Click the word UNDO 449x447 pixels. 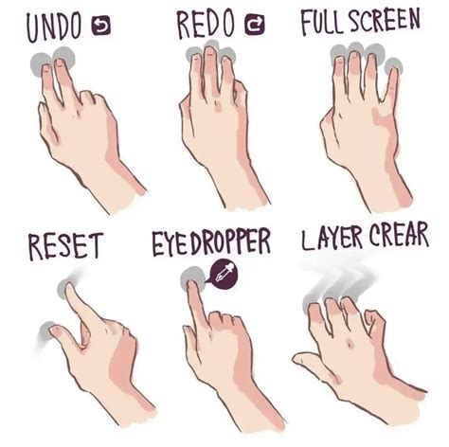(54, 28)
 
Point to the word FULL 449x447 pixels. (321, 23)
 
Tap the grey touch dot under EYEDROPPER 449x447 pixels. (195, 277)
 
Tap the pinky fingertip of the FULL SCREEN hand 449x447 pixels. (393, 68)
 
